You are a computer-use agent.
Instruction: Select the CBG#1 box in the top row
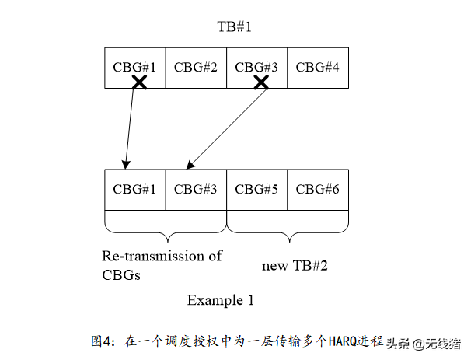click(x=134, y=66)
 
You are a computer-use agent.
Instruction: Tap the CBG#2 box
click(x=196, y=66)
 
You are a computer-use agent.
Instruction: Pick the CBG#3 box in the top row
click(x=256, y=66)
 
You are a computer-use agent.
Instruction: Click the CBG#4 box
click(x=318, y=66)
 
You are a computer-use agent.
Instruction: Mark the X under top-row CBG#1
click(x=139, y=82)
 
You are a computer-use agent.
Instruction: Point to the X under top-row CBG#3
click(x=262, y=82)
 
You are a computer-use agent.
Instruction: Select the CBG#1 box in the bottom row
click(x=134, y=189)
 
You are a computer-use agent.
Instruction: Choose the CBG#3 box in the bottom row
click(x=196, y=189)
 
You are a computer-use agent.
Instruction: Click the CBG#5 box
click(x=256, y=189)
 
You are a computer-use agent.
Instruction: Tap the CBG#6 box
click(x=318, y=189)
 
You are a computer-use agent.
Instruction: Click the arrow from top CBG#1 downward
click(x=131, y=124)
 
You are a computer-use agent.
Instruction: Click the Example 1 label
click(x=220, y=299)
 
